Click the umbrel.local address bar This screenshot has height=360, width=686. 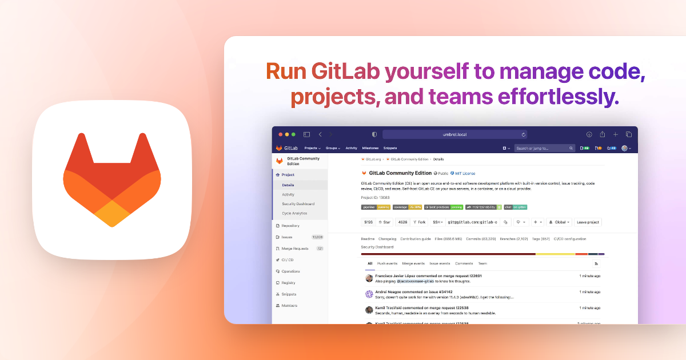coord(454,134)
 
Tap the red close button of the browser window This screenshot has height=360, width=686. coord(280,134)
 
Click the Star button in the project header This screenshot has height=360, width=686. coord(384,222)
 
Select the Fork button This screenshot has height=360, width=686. coord(420,222)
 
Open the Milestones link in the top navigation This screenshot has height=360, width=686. coord(370,148)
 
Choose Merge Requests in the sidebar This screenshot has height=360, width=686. coord(295,249)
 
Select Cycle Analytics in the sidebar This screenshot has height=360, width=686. coord(294,213)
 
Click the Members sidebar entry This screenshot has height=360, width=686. coord(289,306)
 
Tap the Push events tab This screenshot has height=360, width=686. coord(387,263)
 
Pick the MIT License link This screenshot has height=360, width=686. coord(465,173)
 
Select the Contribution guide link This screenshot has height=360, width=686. coord(416,239)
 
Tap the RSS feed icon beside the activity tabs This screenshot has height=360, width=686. coord(596,263)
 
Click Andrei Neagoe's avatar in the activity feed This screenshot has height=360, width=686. coord(369,294)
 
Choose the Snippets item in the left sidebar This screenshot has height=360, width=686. coord(289,294)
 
